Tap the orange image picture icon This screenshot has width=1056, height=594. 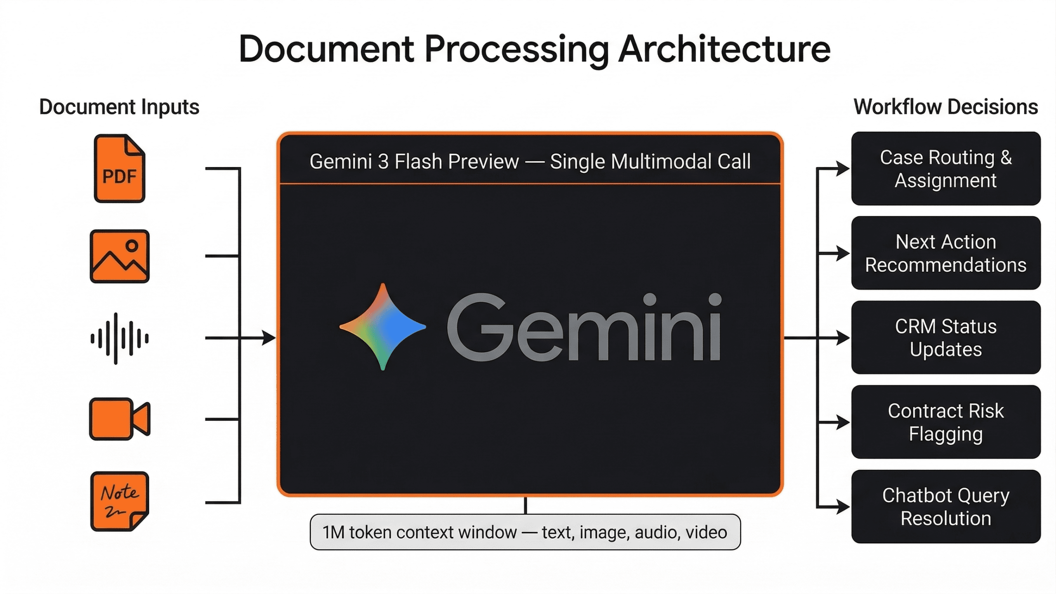pyautogui.click(x=120, y=256)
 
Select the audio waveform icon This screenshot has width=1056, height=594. pyautogui.click(x=120, y=339)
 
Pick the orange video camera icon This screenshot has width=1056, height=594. pyautogui.click(x=120, y=419)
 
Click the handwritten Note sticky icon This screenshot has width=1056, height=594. pyautogui.click(x=120, y=501)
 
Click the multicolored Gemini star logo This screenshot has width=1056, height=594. pyautogui.click(x=383, y=327)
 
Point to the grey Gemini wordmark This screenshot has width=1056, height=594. pyautogui.click(x=584, y=327)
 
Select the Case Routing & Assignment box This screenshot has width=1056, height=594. pyautogui.click(x=945, y=169)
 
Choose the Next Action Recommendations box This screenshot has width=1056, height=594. pyautogui.click(x=945, y=253)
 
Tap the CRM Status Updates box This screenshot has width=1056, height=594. pyautogui.click(x=945, y=337)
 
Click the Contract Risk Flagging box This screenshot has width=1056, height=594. pyautogui.click(x=945, y=422)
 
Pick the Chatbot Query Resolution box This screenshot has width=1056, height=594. pyautogui.click(x=945, y=507)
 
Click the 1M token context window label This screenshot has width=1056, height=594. pyautogui.click(x=525, y=532)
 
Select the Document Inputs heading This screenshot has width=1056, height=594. pyautogui.click(x=119, y=107)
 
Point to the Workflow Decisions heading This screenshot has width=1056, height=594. pyautogui.click(x=945, y=107)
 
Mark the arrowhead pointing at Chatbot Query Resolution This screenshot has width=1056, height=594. pyautogui.click(x=843, y=507)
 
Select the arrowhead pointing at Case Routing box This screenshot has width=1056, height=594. pyautogui.click(x=843, y=168)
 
